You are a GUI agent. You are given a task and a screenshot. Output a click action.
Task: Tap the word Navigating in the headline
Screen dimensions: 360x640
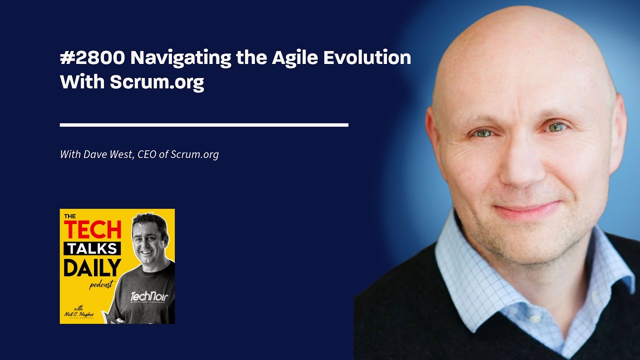(x=181, y=58)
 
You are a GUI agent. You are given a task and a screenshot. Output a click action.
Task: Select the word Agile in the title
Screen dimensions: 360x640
(x=295, y=58)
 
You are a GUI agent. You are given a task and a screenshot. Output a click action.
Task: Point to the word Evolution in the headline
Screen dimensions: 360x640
(x=367, y=58)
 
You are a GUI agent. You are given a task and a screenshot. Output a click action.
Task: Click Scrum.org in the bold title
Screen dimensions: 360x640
(x=157, y=82)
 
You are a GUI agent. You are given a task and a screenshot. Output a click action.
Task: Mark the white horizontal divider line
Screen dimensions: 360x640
(x=204, y=124)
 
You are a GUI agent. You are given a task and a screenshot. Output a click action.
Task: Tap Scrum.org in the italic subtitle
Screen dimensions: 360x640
(x=194, y=154)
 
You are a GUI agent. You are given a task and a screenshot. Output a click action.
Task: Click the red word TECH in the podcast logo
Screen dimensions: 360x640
(x=92, y=229)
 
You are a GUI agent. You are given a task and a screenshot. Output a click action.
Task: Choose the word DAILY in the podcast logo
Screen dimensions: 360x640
(x=92, y=268)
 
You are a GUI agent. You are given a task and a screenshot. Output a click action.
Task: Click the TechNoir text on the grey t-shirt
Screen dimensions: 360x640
(x=149, y=297)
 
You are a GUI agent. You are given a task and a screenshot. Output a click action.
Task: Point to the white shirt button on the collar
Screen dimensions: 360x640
(x=534, y=318)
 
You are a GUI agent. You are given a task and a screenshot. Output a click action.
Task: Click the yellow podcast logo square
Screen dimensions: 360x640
(x=117, y=266)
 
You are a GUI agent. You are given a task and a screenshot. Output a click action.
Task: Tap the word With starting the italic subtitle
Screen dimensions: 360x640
(x=69, y=154)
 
